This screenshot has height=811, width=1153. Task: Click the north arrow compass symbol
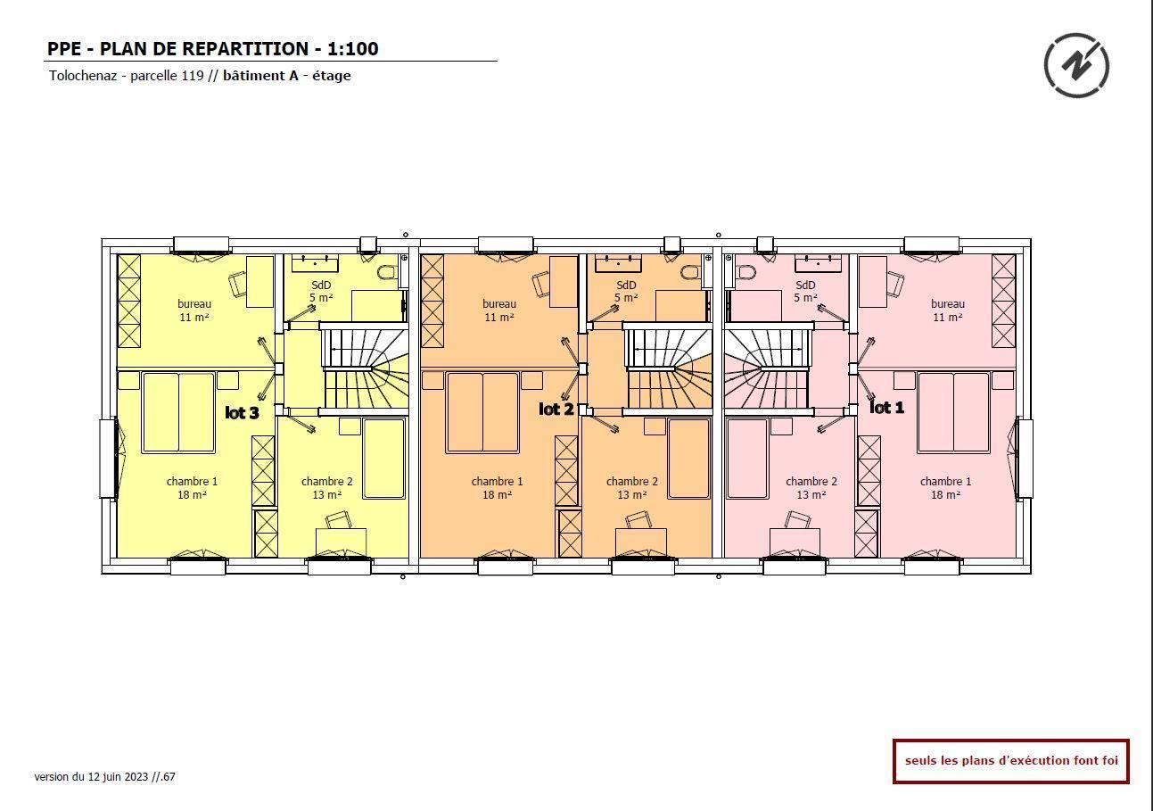point(1076,65)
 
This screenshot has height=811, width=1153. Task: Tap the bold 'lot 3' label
point(242,412)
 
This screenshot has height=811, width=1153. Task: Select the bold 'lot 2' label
point(556,410)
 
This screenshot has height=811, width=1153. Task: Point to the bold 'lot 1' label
point(886,408)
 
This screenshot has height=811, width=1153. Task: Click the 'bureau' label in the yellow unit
point(194,304)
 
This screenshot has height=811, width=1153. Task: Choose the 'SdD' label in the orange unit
point(626,285)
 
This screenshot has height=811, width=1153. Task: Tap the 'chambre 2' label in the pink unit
point(811,482)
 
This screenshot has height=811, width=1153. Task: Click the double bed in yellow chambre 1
point(178,413)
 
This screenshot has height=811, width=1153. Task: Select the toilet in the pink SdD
point(745,272)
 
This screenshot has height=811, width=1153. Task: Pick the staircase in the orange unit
point(668,369)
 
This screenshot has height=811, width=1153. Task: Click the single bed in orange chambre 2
point(688,459)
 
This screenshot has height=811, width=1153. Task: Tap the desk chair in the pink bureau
point(895,284)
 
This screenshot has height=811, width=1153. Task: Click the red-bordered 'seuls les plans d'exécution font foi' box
point(1011,761)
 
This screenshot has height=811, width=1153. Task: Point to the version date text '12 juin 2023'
point(118,777)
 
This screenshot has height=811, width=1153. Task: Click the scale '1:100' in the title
point(352,49)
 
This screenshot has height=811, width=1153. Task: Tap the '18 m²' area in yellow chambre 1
point(192,495)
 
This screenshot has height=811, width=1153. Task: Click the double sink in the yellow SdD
point(315,262)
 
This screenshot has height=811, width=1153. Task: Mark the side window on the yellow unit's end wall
point(109,459)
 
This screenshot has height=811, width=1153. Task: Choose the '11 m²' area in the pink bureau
point(948,318)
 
